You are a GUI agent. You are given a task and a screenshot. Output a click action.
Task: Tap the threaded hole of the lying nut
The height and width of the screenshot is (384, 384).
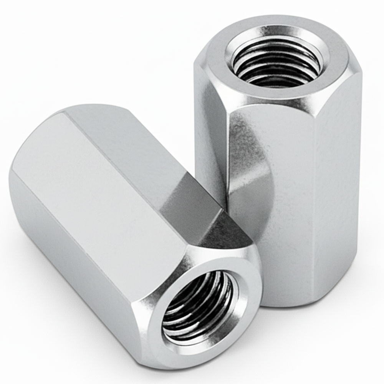click(198, 307)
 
